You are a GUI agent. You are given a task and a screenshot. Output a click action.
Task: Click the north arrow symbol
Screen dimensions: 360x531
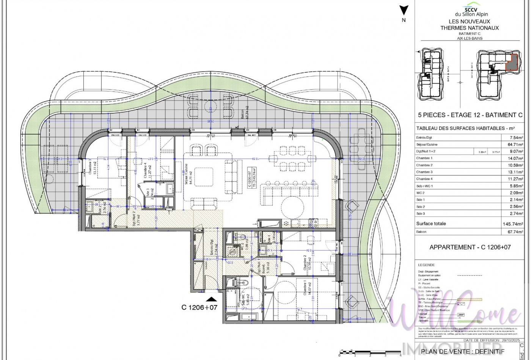pos(404,11)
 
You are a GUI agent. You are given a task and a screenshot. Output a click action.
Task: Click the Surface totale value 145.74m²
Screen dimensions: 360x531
pos(513,224)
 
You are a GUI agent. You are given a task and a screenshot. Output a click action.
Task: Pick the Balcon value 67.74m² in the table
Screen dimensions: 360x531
pos(514,232)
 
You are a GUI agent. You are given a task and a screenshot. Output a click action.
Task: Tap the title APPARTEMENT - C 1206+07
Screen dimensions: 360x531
pos(470,247)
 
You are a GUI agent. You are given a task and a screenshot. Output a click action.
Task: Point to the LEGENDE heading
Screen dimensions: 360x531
pos(426,265)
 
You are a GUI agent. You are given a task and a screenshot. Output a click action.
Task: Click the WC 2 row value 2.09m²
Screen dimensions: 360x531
pos(516,193)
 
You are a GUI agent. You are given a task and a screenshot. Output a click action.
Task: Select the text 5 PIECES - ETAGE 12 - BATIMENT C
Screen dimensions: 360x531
pos(470,115)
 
